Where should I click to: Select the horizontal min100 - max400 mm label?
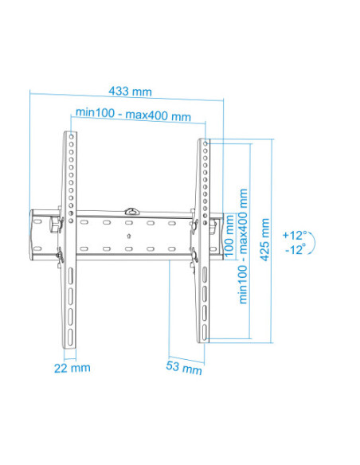(133, 115)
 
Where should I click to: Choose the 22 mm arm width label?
(72, 367)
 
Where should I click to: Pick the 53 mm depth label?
(184, 369)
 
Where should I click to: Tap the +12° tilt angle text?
(294, 235)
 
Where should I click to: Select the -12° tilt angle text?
(294, 250)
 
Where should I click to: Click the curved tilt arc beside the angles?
(313, 242)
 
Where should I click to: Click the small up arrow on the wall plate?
(130, 234)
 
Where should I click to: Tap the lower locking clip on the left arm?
(60, 256)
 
